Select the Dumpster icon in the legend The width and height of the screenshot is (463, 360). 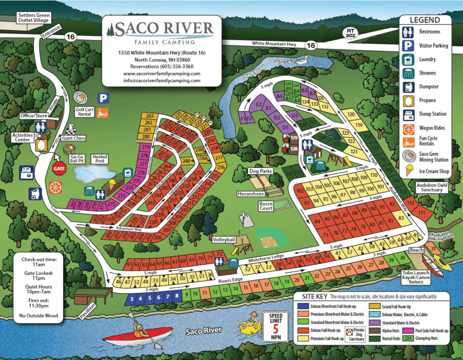pyautogui.click(x=408, y=86)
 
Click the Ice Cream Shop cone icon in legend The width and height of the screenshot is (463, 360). pyautogui.click(x=408, y=171)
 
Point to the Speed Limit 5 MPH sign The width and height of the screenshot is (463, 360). pyautogui.click(x=275, y=326)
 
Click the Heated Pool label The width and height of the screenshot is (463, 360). pyautogui.click(x=100, y=159)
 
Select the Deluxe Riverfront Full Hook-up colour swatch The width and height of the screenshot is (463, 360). pyautogui.click(x=303, y=306)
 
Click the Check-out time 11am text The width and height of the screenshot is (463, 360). pyautogui.click(x=39, y=262)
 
